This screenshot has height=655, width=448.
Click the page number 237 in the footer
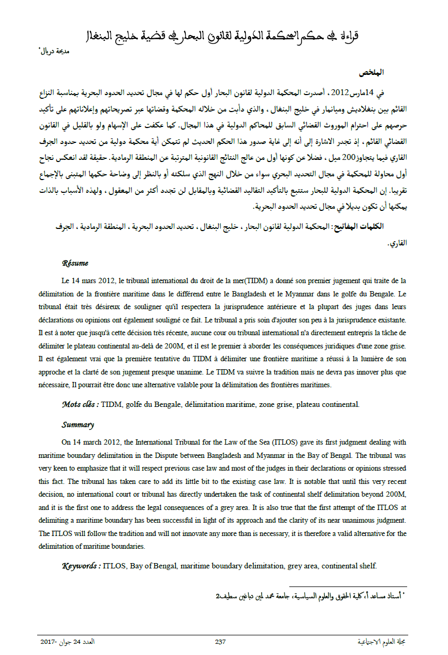pyautogui.click(x=220, y=642)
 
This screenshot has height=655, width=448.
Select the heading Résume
pyautogui.click(x=75, y=263)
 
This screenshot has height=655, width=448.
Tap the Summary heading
pyautogui.click(x=77, y=424)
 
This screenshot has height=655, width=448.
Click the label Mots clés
pyautogui.click(x=80, y=405)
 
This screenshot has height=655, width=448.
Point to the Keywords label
pyautogui.click(x=81, y=566)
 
